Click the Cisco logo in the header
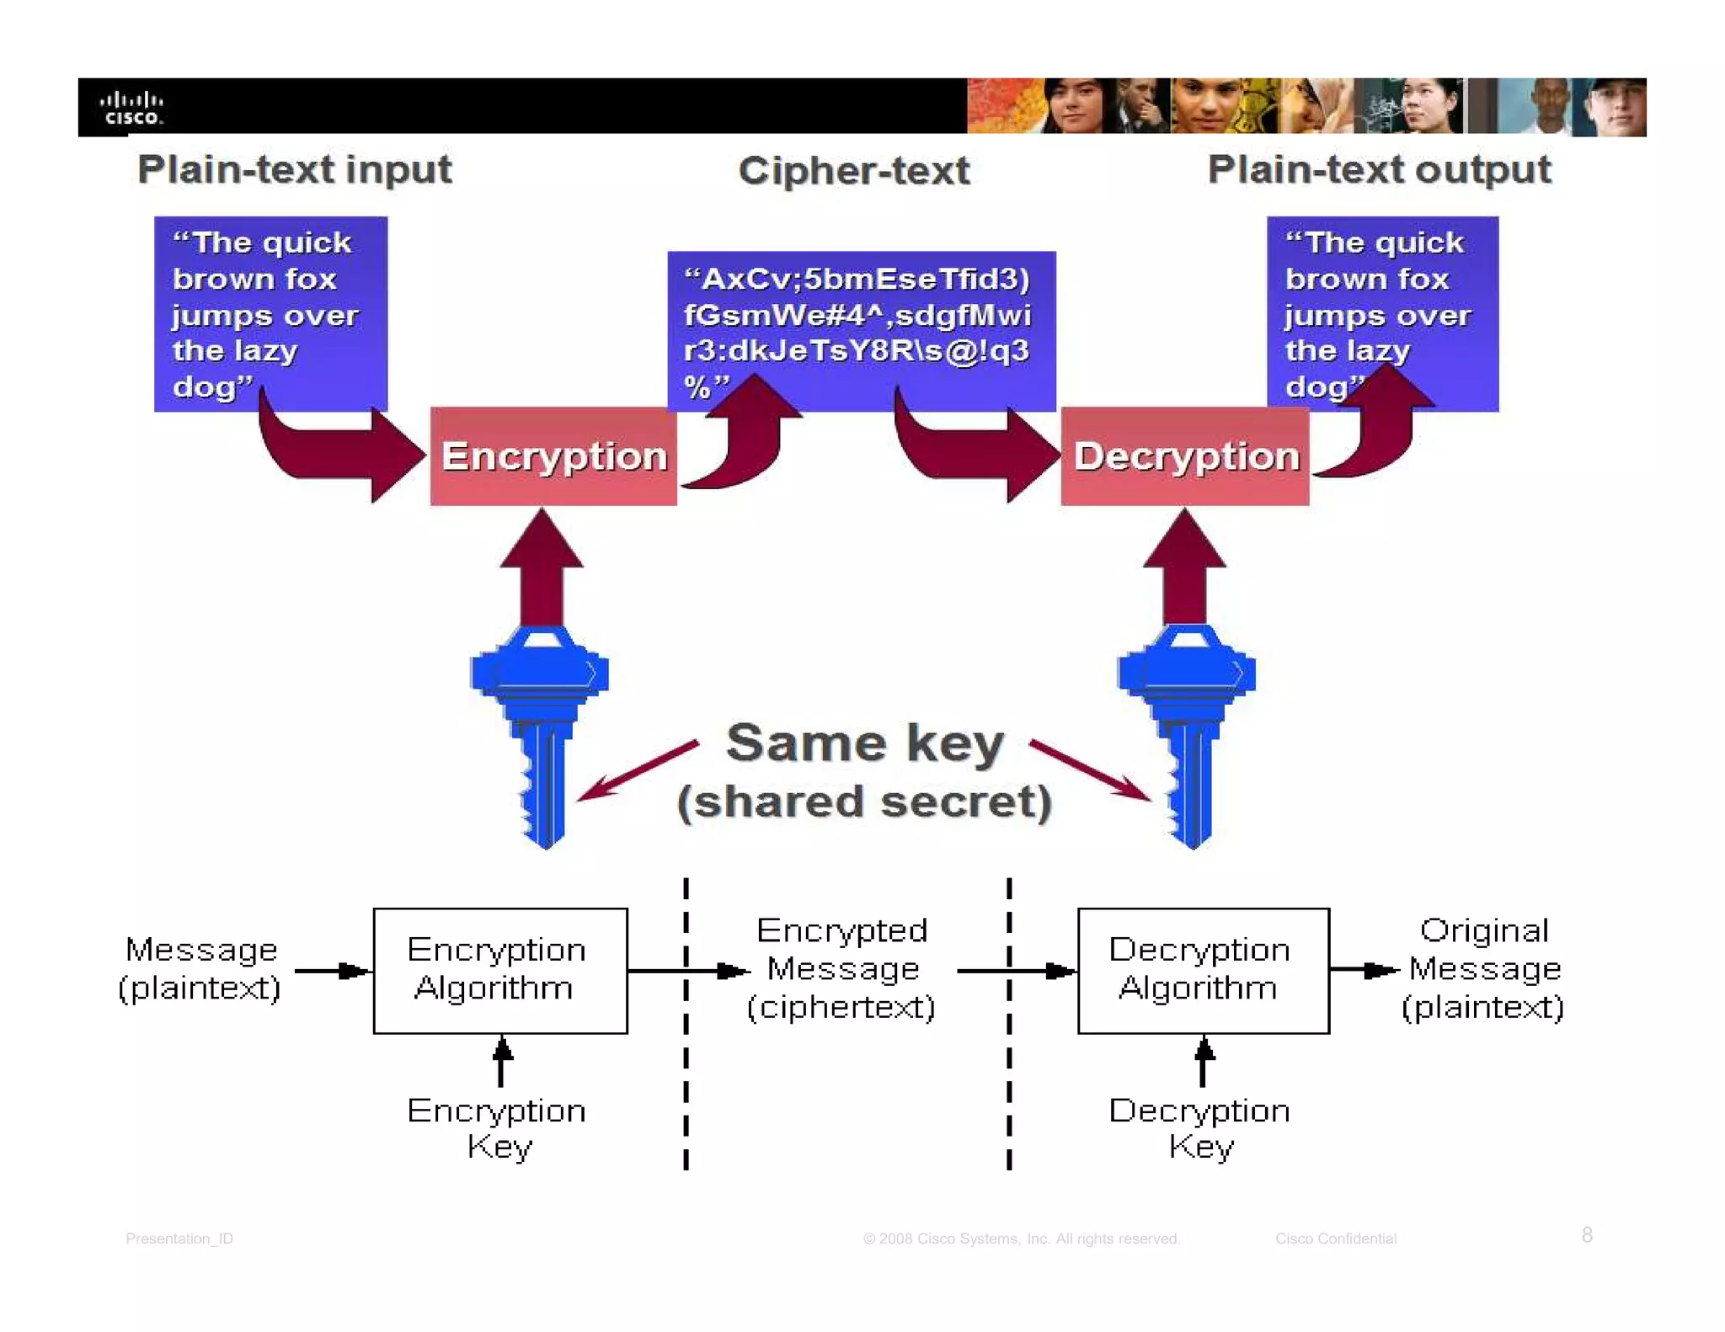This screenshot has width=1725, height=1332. (x=131, y=108)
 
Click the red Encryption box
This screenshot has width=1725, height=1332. (x=553, y=456)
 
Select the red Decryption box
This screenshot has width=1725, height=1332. (x=1184, y=456)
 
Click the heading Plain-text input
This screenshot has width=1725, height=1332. (x=295, y=169)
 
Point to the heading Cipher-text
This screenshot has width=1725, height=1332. (x=853, y=171)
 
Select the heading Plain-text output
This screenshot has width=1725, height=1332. (x=1379, y=169)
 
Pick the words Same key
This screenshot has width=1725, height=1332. (x=864, y=743)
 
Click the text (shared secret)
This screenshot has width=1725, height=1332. (x=864, y=801)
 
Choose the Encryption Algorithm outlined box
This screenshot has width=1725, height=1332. (x=500, y=970)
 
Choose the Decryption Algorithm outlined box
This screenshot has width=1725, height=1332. (x=1203, y=970)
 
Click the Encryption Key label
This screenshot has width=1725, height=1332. (x=497, y=1128)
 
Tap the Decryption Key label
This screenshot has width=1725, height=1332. (x=1199, y=1128)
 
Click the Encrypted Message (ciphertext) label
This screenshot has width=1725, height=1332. (x=841, y=968)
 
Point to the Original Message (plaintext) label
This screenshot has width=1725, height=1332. (x=1483, y=968)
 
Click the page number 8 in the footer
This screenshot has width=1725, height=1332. (x=1586, y=1234)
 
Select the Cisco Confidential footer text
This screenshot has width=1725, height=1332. (x=1335, y=1239)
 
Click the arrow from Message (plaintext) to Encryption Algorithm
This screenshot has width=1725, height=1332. (x=332, y=971)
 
